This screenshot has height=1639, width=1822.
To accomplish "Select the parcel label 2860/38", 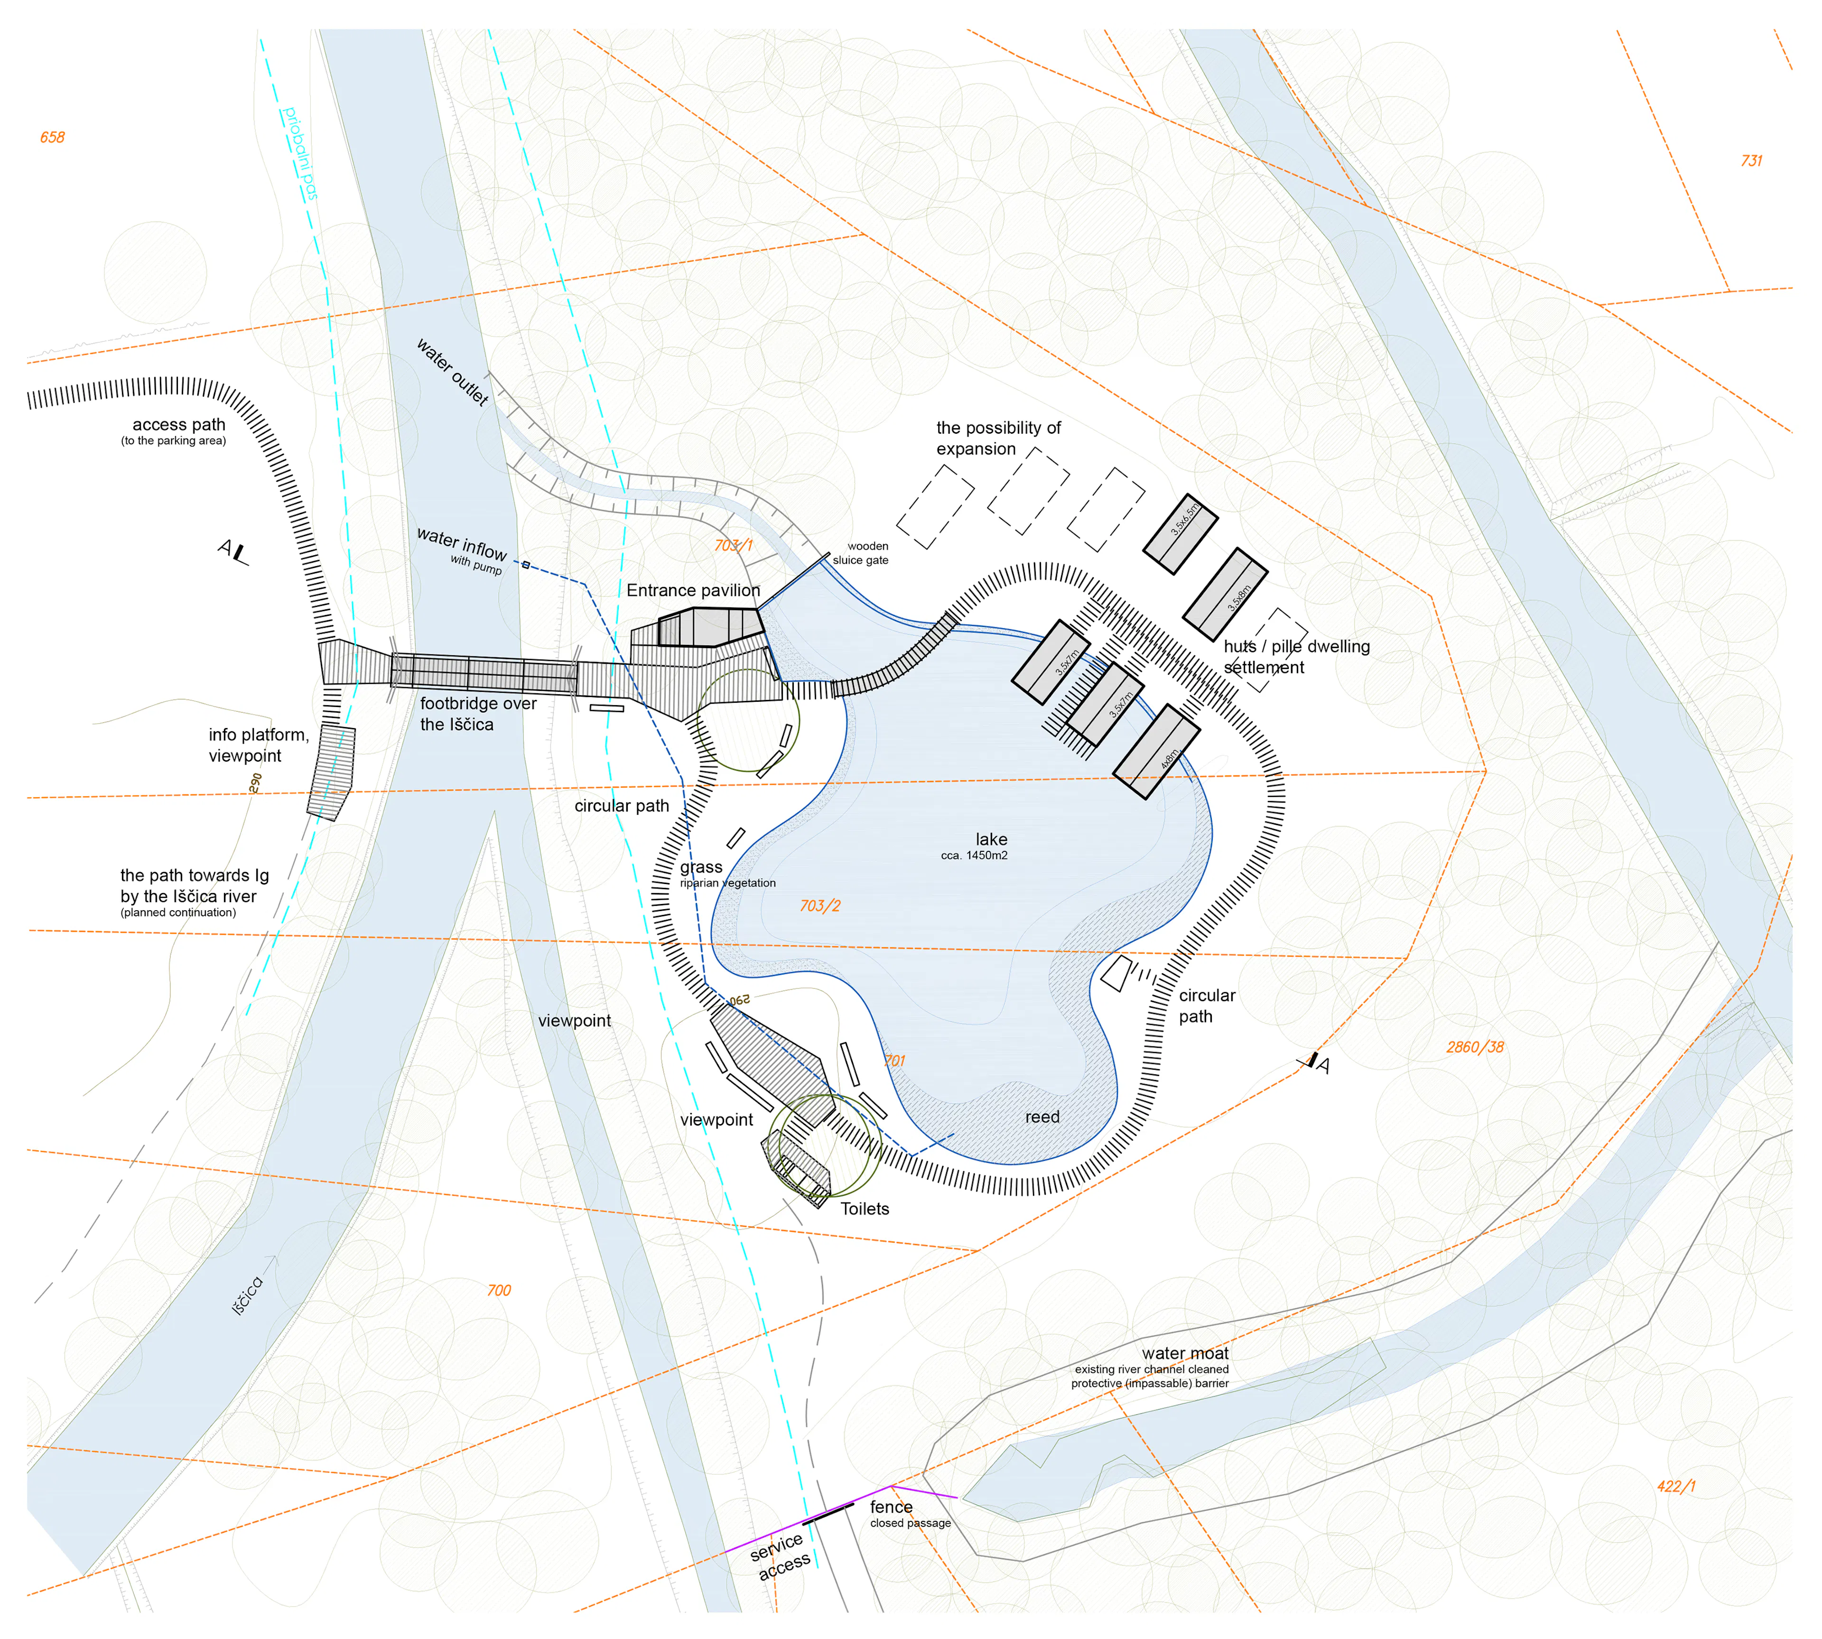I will pyautogui.click(x=1474, y=1047).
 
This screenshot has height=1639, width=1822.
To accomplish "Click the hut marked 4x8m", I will pyautogui.click(x=1156, y=751).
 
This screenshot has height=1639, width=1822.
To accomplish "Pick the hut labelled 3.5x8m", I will pyautogui.click(x=1225, y=595).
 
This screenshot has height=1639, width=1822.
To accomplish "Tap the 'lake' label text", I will pyautogui.click(x=991, y=839).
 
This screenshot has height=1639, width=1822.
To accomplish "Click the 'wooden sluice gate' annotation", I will pyautogui.click(x=861, y=553).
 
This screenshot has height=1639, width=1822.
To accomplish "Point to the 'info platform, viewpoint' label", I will pyautogui.click(x=259, y=745).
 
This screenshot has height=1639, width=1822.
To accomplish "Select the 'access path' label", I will pyautogui.click(x=178, y=425).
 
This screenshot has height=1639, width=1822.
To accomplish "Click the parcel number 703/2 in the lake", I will pyautogui.click(x=819, y=906).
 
